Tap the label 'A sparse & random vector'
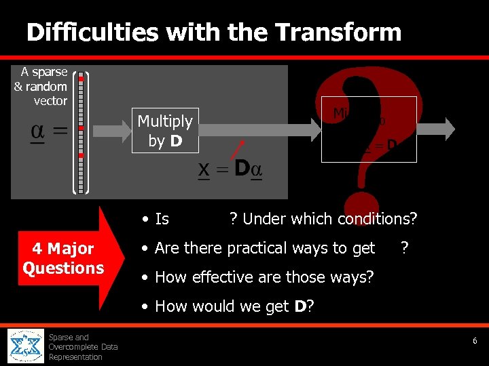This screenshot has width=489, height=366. click(x=41, y=86)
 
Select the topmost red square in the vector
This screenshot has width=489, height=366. click(x=81, y=79)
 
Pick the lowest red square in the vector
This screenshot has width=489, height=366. click(x=81, y=155)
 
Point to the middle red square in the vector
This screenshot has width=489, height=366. click(x=81, y=127)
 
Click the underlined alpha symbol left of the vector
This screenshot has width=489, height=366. click(x=38, y=131)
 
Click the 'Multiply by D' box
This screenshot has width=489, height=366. click(x=165, y=130)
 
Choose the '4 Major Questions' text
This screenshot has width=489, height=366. click(x=62, y=258)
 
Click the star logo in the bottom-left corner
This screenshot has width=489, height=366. click(x=26, y=346)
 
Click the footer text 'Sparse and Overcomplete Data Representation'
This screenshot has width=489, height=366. click(x=81, y=347)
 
